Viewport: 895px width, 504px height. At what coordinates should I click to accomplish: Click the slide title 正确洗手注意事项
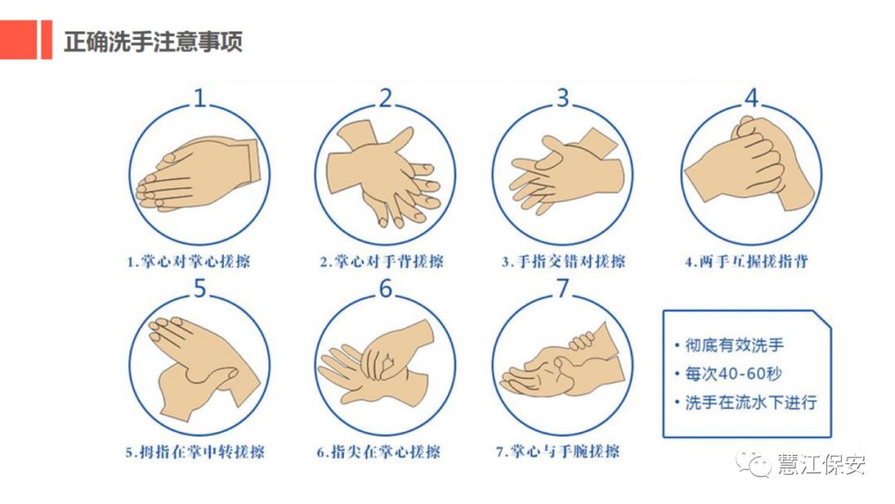tap(153, 41)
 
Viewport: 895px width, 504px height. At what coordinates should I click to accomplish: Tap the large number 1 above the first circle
tap(199, 98)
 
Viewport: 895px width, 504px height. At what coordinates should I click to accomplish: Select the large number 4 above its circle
tap(752, 98)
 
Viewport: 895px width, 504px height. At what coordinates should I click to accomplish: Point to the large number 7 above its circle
tap(563, 288)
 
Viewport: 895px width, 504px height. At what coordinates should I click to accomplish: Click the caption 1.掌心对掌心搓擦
tap(188, 261)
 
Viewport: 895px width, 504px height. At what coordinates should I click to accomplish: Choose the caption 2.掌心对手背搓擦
tap(381, 261)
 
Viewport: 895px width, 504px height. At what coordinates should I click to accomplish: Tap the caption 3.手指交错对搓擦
tap(564, 261)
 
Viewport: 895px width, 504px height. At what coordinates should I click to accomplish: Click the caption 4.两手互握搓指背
tap(747, 261)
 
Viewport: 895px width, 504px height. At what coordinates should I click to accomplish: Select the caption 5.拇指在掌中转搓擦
tap(195, 452)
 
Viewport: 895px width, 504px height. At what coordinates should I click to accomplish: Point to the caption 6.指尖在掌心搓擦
tap(379, 452)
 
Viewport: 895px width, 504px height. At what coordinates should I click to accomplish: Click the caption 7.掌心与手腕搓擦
tap(558, 452)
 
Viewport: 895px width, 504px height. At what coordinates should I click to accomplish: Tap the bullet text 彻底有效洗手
tap(734, 345)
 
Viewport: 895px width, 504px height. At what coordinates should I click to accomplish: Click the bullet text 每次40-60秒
tap(733, 374)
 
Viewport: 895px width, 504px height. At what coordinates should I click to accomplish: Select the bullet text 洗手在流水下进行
tap(751, 402)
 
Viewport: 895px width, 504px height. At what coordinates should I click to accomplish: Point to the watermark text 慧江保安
tap(820, 464)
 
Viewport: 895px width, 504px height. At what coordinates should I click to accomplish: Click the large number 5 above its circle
tap(199, 288)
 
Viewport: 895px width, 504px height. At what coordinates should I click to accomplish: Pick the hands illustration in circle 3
tap(566, 172)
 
